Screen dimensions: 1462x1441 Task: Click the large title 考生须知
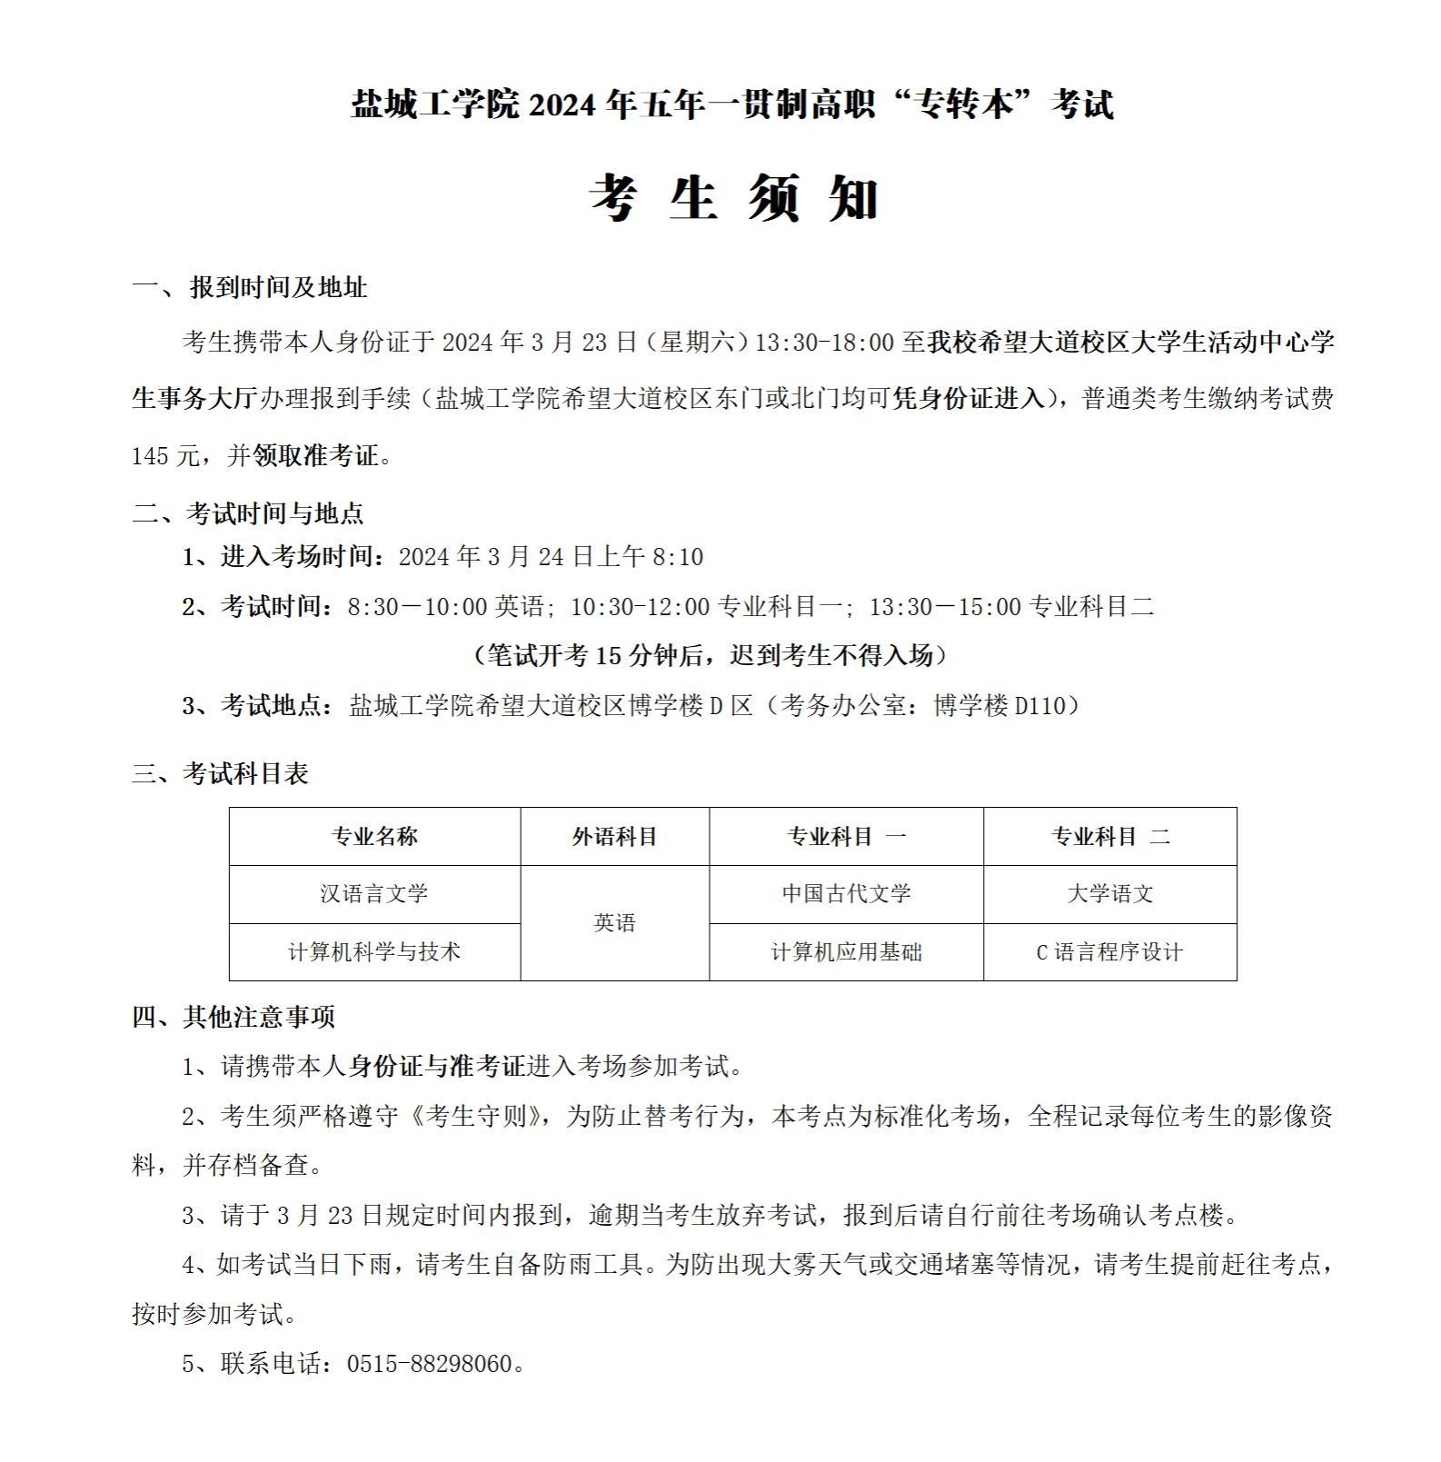[734, 198]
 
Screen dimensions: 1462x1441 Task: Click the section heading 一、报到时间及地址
[250, 288]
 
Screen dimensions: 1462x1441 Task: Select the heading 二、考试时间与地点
[248, 513]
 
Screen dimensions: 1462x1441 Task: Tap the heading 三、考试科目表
[221, 774]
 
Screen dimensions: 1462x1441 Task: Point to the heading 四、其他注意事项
[234, 1017]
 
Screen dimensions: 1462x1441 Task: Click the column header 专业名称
[374, 837]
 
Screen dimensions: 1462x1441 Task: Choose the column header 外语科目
[614, 837]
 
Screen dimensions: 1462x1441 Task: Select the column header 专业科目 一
[846, 837]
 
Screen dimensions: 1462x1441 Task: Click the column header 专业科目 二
[1109, 837]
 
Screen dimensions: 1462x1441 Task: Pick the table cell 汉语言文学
[374, 894]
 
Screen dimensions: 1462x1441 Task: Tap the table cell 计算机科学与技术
[374, 952]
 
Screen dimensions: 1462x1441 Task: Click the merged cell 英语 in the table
[614, 923]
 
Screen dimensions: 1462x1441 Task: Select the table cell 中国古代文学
[846, 894]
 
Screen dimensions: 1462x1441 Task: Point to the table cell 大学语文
[1109, 894]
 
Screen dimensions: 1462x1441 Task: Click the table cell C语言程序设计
[1109, 952]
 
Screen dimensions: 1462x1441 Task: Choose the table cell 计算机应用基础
[846, 952]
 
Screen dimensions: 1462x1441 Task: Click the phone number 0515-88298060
[430, 1364]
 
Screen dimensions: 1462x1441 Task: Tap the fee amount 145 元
[164, 456]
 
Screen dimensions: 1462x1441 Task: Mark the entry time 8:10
[678, 557]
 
